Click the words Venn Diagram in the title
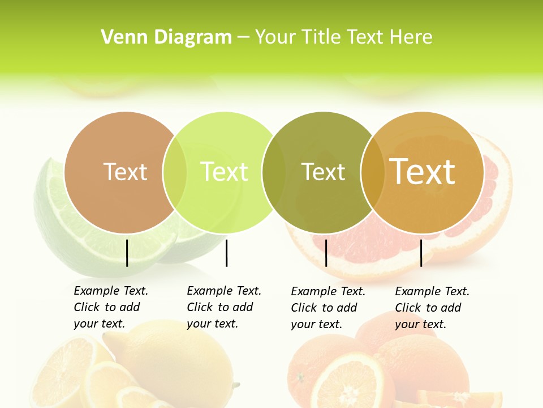coord(166,37)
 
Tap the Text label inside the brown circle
coord(125,172)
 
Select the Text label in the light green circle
coord(224,172)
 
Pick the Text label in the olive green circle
coord(323,172)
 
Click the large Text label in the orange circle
coord(423,171)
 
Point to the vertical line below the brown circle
coord(127,253)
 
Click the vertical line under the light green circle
coord(226,253)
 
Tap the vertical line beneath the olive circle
coord(326,253)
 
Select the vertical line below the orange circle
coord(421,253)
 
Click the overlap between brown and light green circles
coord(175,172)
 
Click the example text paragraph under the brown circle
coord(111,307)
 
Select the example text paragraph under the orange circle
coord(432,308)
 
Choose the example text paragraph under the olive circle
coord(328,308)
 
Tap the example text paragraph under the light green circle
coord(224,307)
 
